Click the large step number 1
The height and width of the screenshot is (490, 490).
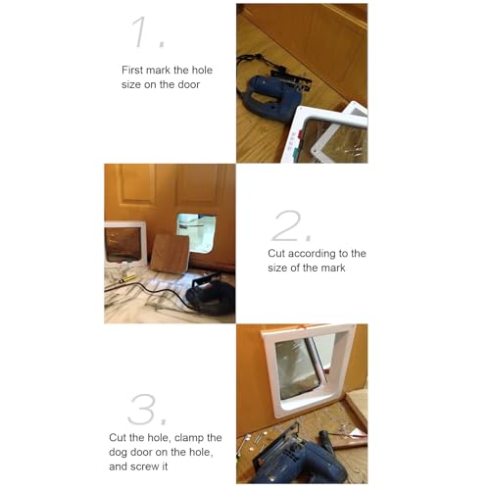point(148,31)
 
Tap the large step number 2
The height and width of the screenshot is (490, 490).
point(291,225)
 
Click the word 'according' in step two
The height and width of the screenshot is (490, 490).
point(316,253)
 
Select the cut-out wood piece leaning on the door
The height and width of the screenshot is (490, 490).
point(170,254)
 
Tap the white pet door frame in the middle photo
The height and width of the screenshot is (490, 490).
point(125,246)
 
